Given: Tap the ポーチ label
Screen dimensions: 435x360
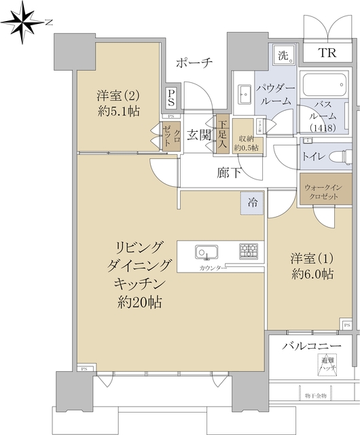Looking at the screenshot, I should pos(194,63).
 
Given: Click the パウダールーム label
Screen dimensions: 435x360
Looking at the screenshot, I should pos(274,94).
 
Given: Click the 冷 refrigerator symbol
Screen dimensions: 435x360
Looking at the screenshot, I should pos(252,203).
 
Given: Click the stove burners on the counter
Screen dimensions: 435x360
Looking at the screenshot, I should pos(249,252).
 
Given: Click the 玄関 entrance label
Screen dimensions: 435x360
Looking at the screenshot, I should pos(198,133).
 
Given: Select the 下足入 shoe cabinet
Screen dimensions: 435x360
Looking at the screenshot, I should pos(222,135).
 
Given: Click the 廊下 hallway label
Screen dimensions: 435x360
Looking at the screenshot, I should pos(228,173).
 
